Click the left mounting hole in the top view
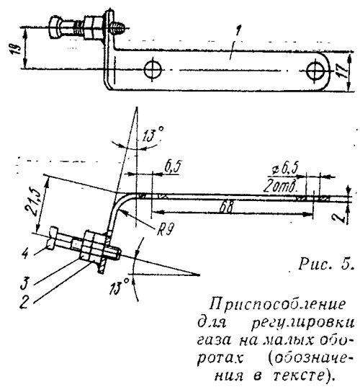[153, 70]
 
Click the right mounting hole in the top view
[315, 71]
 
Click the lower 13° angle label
[119, 286]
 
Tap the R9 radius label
[165, 231]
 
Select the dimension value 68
[226, 207]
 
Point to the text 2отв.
[280, 187]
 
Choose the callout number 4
[26, 254]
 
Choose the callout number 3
[24, 283]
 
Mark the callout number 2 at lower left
[24, 303]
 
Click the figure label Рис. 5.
[326, 264]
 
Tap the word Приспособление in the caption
[277, 305]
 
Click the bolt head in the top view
[55, 27]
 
